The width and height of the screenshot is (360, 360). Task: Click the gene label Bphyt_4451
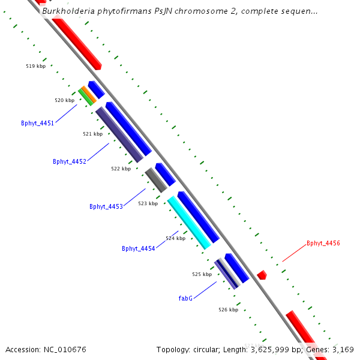coord(37,123)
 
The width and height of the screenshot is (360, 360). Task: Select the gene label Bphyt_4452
coord(70,161)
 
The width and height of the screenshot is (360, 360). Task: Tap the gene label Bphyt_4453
coord(106,206)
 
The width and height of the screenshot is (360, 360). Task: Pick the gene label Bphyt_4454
coord(138,248)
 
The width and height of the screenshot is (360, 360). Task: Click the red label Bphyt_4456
coord(323,243)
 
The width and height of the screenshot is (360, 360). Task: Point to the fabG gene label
coord(185,298)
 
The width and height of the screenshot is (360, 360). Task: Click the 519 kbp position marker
coord(36,67)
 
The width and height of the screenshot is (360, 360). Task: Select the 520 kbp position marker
coord(64,100)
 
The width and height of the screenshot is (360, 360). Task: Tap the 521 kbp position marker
coord(92,134)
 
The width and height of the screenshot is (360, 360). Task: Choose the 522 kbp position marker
coord(121,169)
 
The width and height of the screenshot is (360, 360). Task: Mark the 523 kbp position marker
coord(148,203)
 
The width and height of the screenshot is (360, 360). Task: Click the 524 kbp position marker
coord(175,238)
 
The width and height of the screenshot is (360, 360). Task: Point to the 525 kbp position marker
coord(202,274)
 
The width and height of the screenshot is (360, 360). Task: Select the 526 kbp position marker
coord(228,310)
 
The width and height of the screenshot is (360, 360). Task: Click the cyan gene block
coord(189,222)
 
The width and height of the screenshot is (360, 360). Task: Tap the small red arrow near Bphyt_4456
coord(262,275)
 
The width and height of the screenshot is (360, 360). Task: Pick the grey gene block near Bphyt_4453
coord(155,180)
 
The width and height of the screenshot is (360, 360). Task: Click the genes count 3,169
coord(342,349)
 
